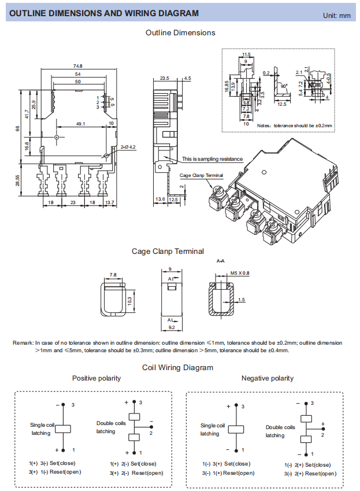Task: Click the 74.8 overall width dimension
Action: [77, 66]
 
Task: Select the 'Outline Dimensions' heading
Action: [180, 33]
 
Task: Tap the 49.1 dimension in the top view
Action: [81, 123]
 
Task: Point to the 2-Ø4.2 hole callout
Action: [128, 147]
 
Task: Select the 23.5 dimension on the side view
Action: [164, 78]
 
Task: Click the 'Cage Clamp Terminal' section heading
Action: [168, 251]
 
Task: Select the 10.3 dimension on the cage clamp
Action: [129, 300]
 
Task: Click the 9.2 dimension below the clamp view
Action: [171, 328]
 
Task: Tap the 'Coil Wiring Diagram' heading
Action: [177, 367]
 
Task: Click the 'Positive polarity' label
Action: [97, 378]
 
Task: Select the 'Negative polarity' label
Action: [267, 378]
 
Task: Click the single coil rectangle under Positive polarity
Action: [64, 428]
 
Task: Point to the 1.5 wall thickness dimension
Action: [242, 300]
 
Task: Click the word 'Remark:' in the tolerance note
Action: [23, 343]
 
